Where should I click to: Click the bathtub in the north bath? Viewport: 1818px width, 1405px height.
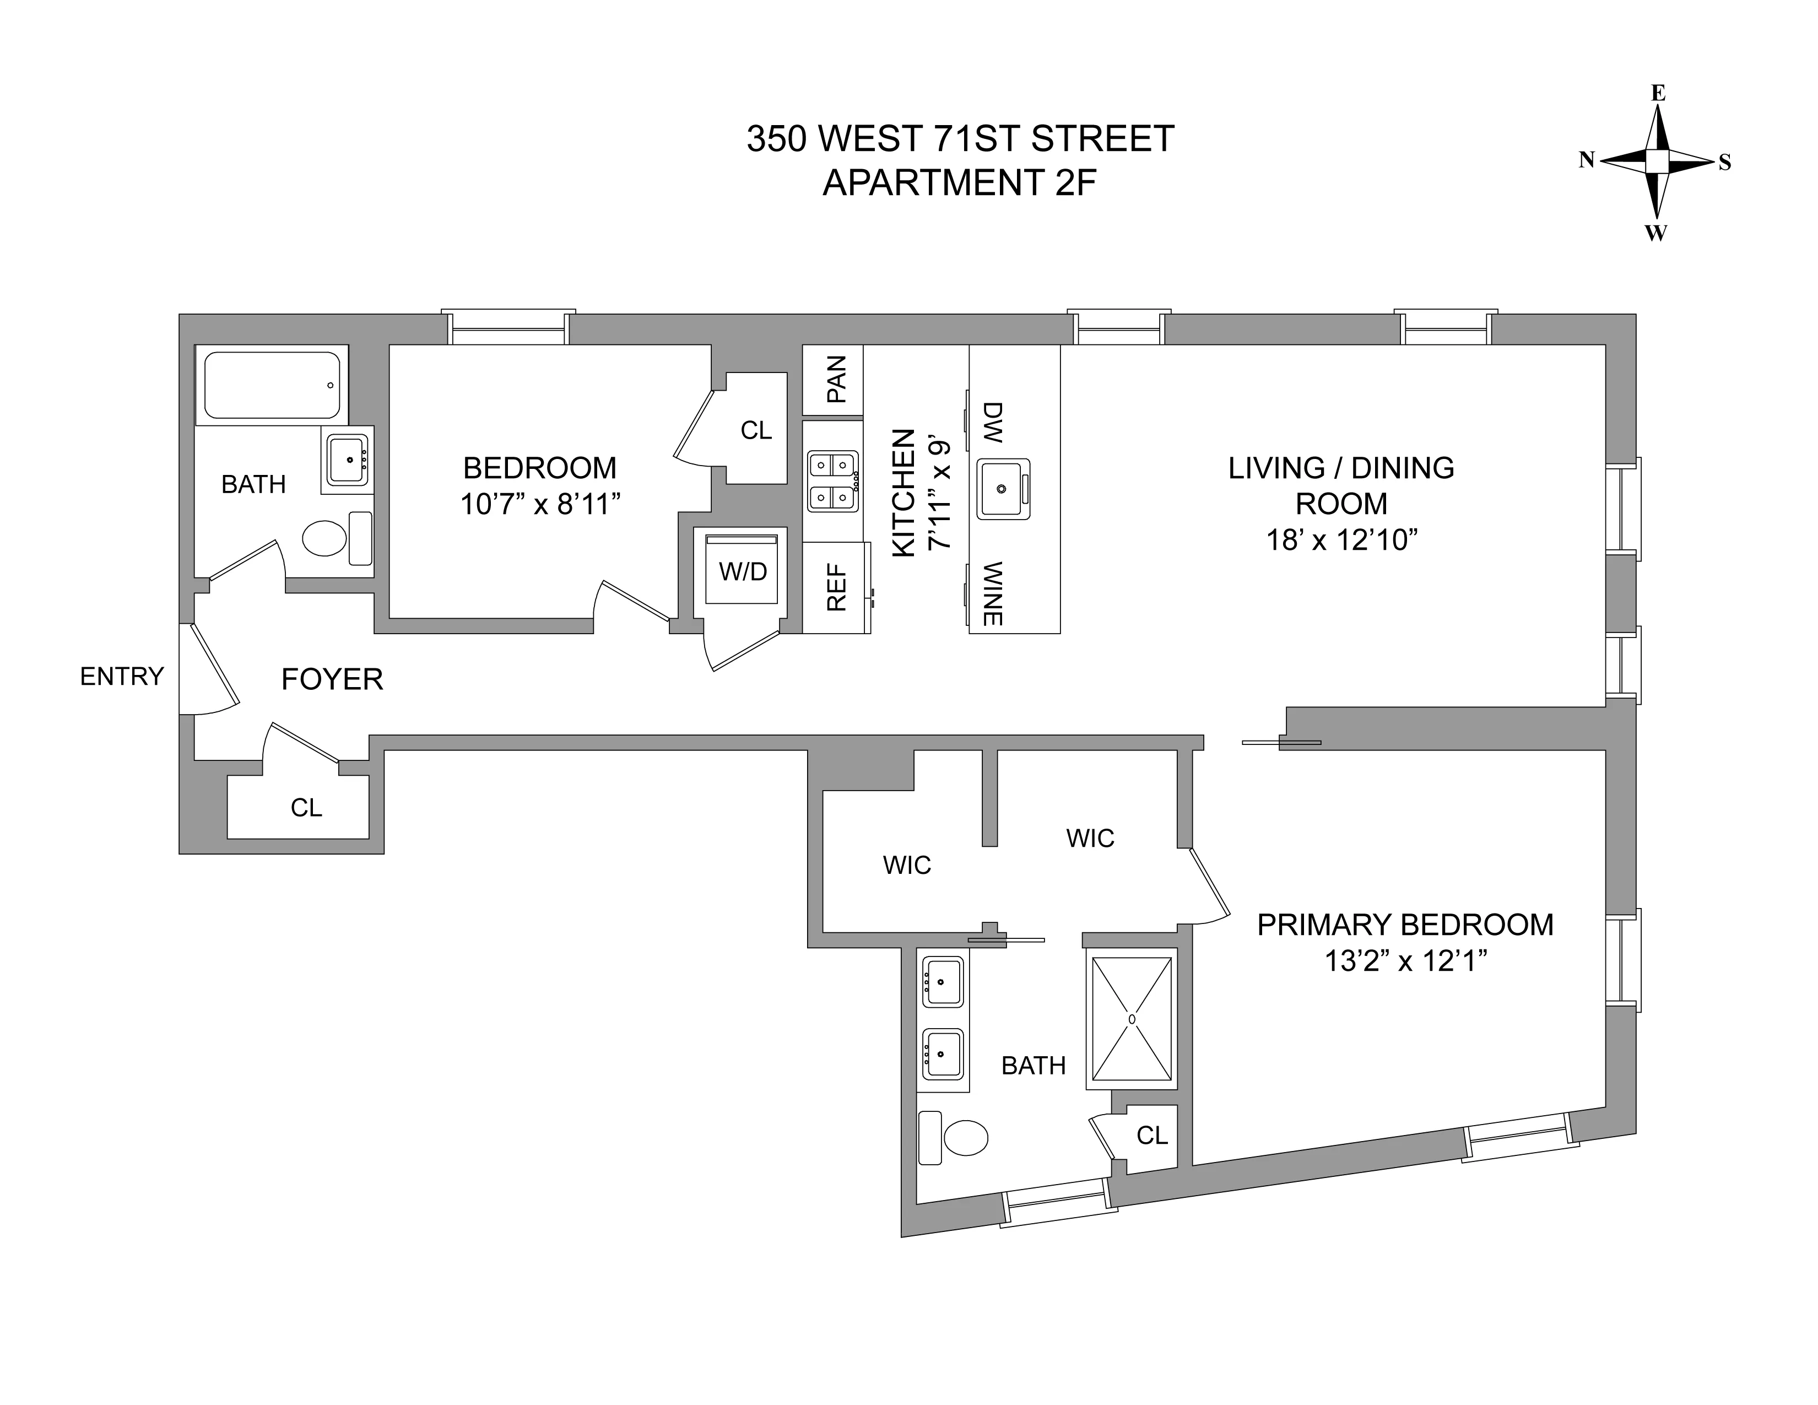(272, 385)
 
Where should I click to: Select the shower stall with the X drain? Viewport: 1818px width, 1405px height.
(1131, 1019)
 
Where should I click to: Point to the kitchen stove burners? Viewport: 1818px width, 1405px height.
(832, 481)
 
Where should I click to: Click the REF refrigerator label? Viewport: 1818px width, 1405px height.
(836, 588)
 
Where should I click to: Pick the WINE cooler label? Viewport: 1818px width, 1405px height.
(992, 593)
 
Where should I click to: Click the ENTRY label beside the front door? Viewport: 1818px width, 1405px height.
(122, 677)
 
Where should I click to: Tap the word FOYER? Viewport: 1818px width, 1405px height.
(332, 680)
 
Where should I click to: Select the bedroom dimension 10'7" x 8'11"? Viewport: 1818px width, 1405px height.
(541, 504)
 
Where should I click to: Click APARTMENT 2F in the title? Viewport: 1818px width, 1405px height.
(960, 182)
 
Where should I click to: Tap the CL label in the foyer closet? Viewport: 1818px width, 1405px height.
(306, 807)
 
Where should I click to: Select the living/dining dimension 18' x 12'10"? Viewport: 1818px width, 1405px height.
(1341, 540)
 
